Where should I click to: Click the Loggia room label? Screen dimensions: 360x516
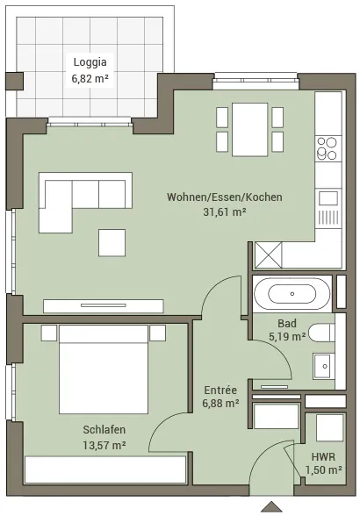tap(90, 61)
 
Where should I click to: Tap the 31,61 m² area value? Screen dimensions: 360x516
tap(224, 212)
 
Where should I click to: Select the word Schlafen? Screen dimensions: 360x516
tap(104, 429)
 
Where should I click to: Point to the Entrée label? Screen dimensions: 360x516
tap(220, 390)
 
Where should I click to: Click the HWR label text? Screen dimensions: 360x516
tap(323, 456)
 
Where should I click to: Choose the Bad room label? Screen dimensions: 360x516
tap(287, 323)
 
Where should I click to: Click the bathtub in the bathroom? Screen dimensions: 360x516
tap(292, 293)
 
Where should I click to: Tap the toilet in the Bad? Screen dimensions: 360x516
tap(321, 333)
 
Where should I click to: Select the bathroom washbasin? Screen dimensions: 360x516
tap(323, 366)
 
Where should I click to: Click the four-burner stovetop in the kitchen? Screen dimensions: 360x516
tap(327, 149)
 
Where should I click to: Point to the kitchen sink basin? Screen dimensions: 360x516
tap(328, 198)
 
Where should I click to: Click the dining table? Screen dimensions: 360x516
tap(249, 129)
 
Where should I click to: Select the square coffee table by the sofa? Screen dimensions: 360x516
tap(112, 243)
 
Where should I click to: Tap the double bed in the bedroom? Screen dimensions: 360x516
tap(104, 369)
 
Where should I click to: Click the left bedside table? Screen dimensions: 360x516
tap(49, 333)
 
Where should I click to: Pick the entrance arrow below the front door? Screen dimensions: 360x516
tap(271, 506)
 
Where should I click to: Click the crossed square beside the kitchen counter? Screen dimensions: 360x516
tap(269, 254)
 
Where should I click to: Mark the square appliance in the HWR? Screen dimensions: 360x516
tap(329, 428)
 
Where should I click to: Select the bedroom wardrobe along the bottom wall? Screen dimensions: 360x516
tap(105, 470)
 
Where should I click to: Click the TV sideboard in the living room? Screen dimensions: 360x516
tap(104, 306)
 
